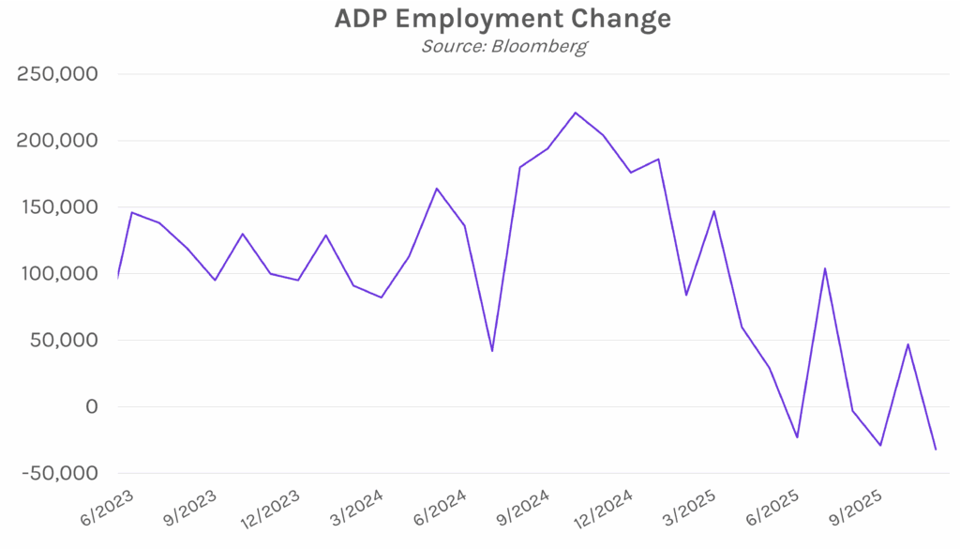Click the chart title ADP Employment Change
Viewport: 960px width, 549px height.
coord(502,19)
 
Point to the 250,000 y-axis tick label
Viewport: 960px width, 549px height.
coord(59,74)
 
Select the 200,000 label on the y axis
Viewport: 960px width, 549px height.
coord(59,141)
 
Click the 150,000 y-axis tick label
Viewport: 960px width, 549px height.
coord(59,207)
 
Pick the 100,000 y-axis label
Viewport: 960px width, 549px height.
coord(59,274)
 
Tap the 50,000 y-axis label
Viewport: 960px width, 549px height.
coord(65,341)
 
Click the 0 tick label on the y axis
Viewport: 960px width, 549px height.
coord(92,407)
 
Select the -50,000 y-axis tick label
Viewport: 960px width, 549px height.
coord(59,473)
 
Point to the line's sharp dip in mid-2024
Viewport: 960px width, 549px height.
coord(492,350)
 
